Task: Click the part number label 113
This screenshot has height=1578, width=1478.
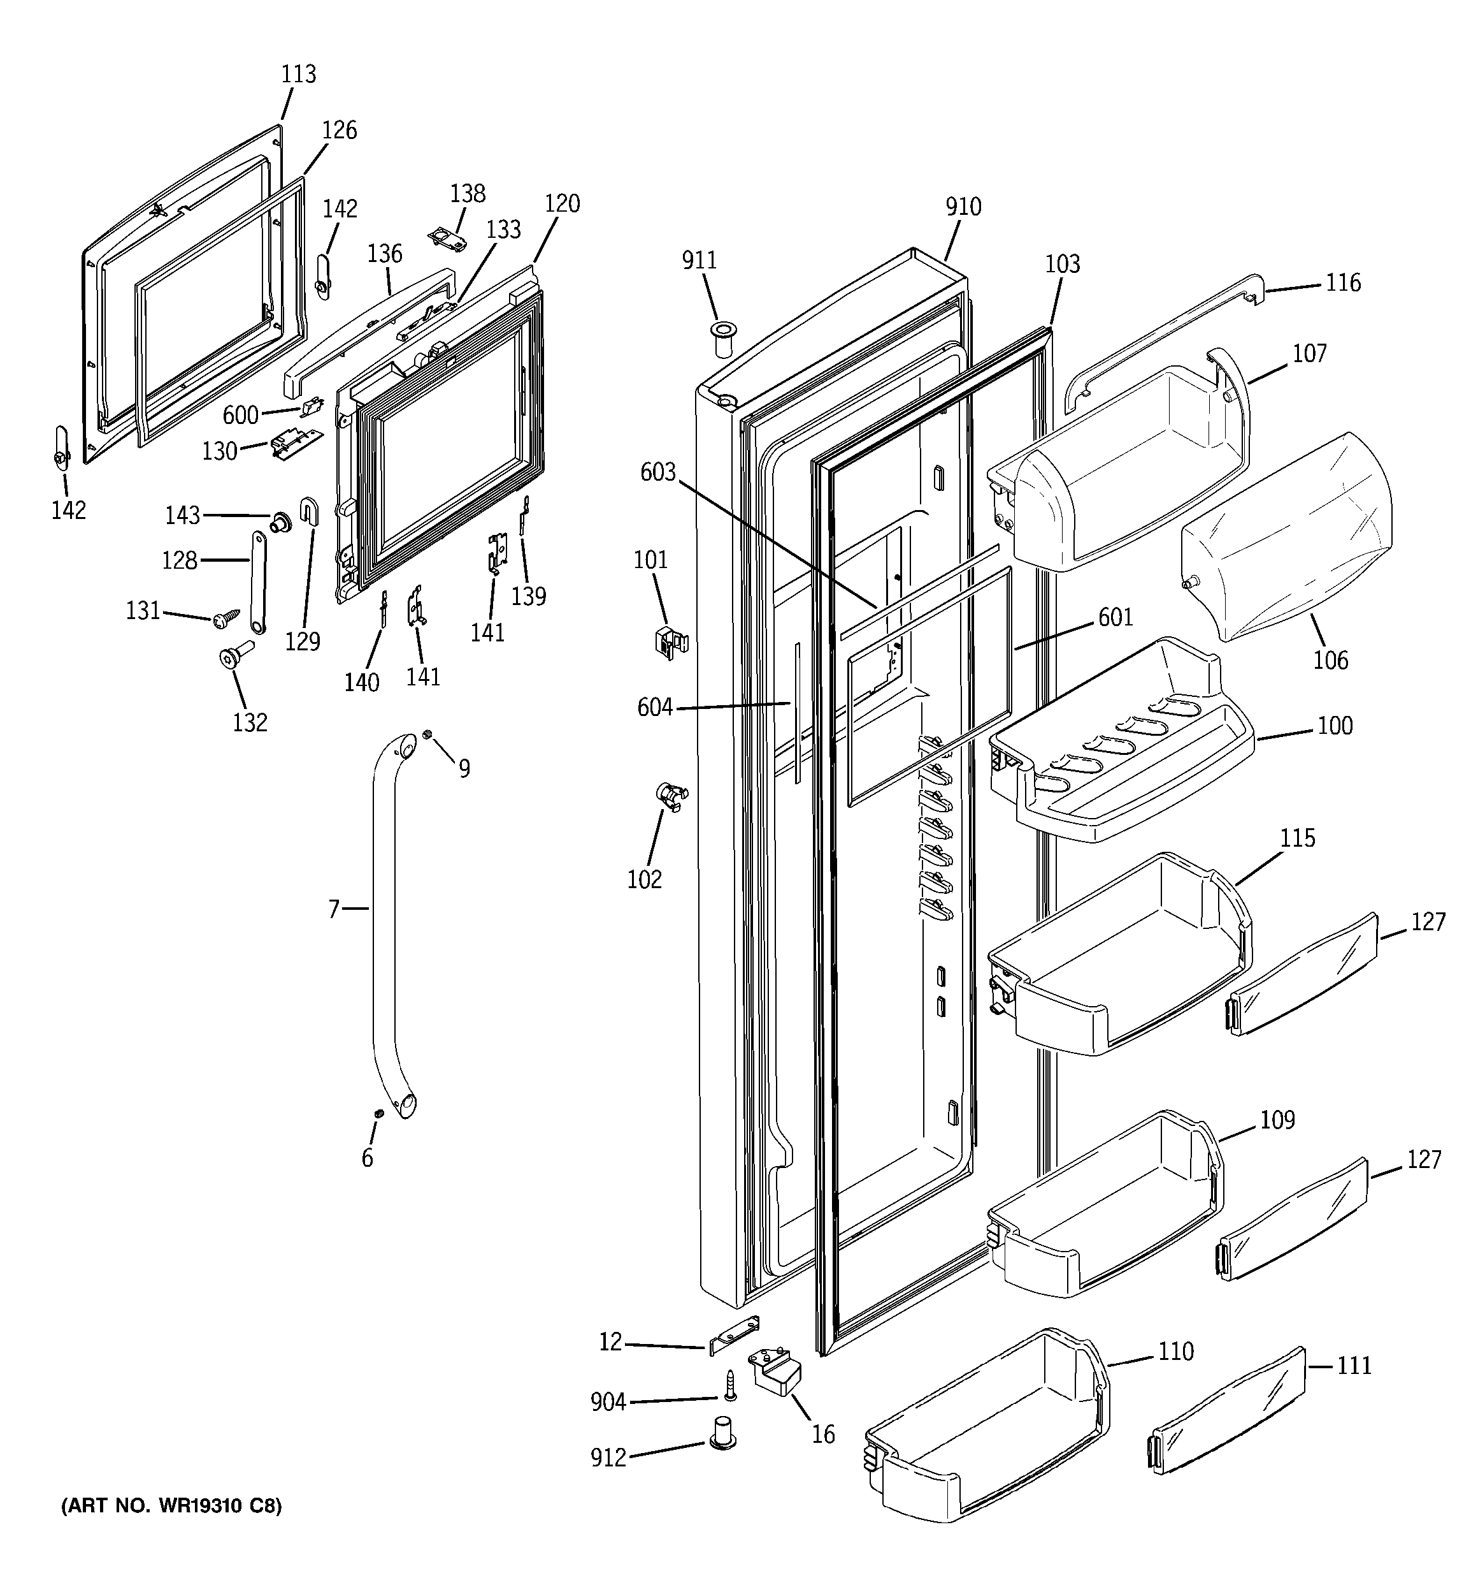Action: point(298,74)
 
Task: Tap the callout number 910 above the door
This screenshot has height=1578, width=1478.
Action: point(963,207)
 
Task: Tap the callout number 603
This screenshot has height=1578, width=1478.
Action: point(657,472)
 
